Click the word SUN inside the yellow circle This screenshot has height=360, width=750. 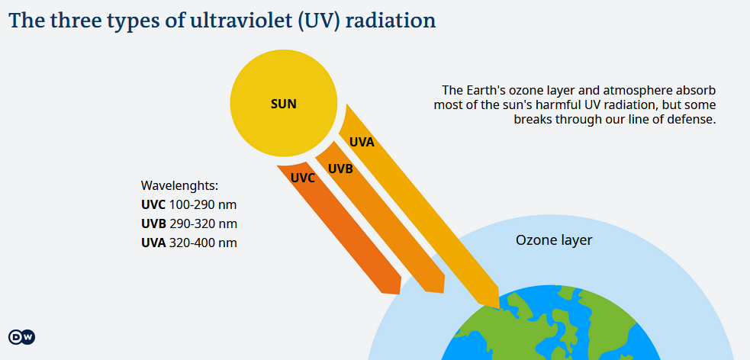[x=284, y=104]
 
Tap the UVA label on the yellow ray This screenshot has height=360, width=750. [x=362, y=142]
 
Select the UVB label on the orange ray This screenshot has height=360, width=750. [x=340, y=169]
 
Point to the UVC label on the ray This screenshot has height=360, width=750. [x=303, y=178]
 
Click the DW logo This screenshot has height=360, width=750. [x=21, y=337]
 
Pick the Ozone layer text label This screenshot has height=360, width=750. [x=554, y=240]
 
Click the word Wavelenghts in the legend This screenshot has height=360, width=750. [x=179, y=186]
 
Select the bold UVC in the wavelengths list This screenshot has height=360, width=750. [x=153, y=205]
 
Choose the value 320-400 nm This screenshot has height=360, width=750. [x=203, y=243]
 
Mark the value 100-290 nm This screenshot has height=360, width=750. [x=203, y=205]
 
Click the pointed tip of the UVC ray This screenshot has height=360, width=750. [x=398, y=293]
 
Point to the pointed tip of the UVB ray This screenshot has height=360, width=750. [x=443, y=291]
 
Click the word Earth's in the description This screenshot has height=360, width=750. [x=482, y=90]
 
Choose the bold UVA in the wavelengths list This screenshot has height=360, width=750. [x=153, y=243]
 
